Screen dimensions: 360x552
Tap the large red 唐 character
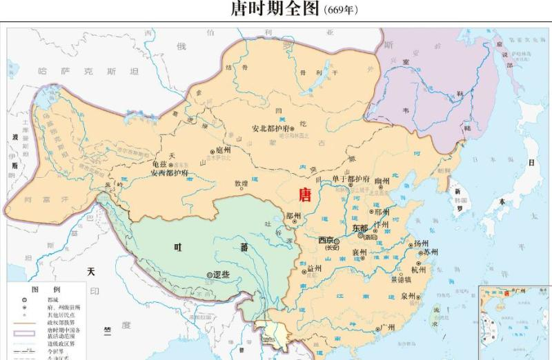tap(304, 194)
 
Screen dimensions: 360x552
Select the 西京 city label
tap(326, 240)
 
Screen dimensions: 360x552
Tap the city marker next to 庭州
tap(213, 150)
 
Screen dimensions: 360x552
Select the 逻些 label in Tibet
tap(221, 274)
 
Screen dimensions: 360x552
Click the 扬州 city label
tap(421, 244)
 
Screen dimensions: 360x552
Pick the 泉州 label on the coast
tap(407, 297)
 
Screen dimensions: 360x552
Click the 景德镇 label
tap(400, 279)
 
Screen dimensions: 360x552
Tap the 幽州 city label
tap(382, 181)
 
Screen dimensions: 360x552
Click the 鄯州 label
tap(294, 215)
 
